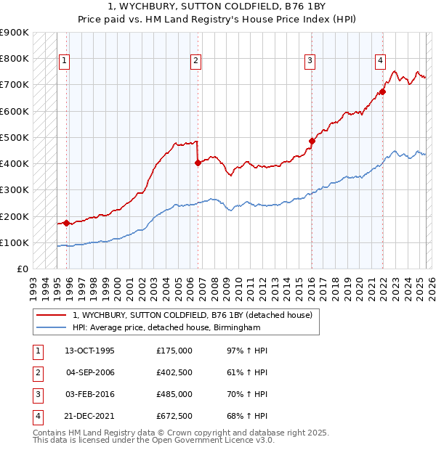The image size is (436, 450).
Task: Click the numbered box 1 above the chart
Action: click(65, 61)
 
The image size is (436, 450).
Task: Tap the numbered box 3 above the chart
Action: click(310, 61)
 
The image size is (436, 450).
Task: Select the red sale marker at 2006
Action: click(198, 163)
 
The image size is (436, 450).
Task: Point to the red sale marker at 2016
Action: click(312, 141)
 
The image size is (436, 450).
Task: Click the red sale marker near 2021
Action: click(382, 92)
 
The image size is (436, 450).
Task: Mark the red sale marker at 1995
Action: click(67, 223)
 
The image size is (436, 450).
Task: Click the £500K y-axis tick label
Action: click(15, 137)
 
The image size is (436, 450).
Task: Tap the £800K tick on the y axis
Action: click(15, 58)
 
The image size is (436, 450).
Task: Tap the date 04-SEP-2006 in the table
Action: click(89, 373)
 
